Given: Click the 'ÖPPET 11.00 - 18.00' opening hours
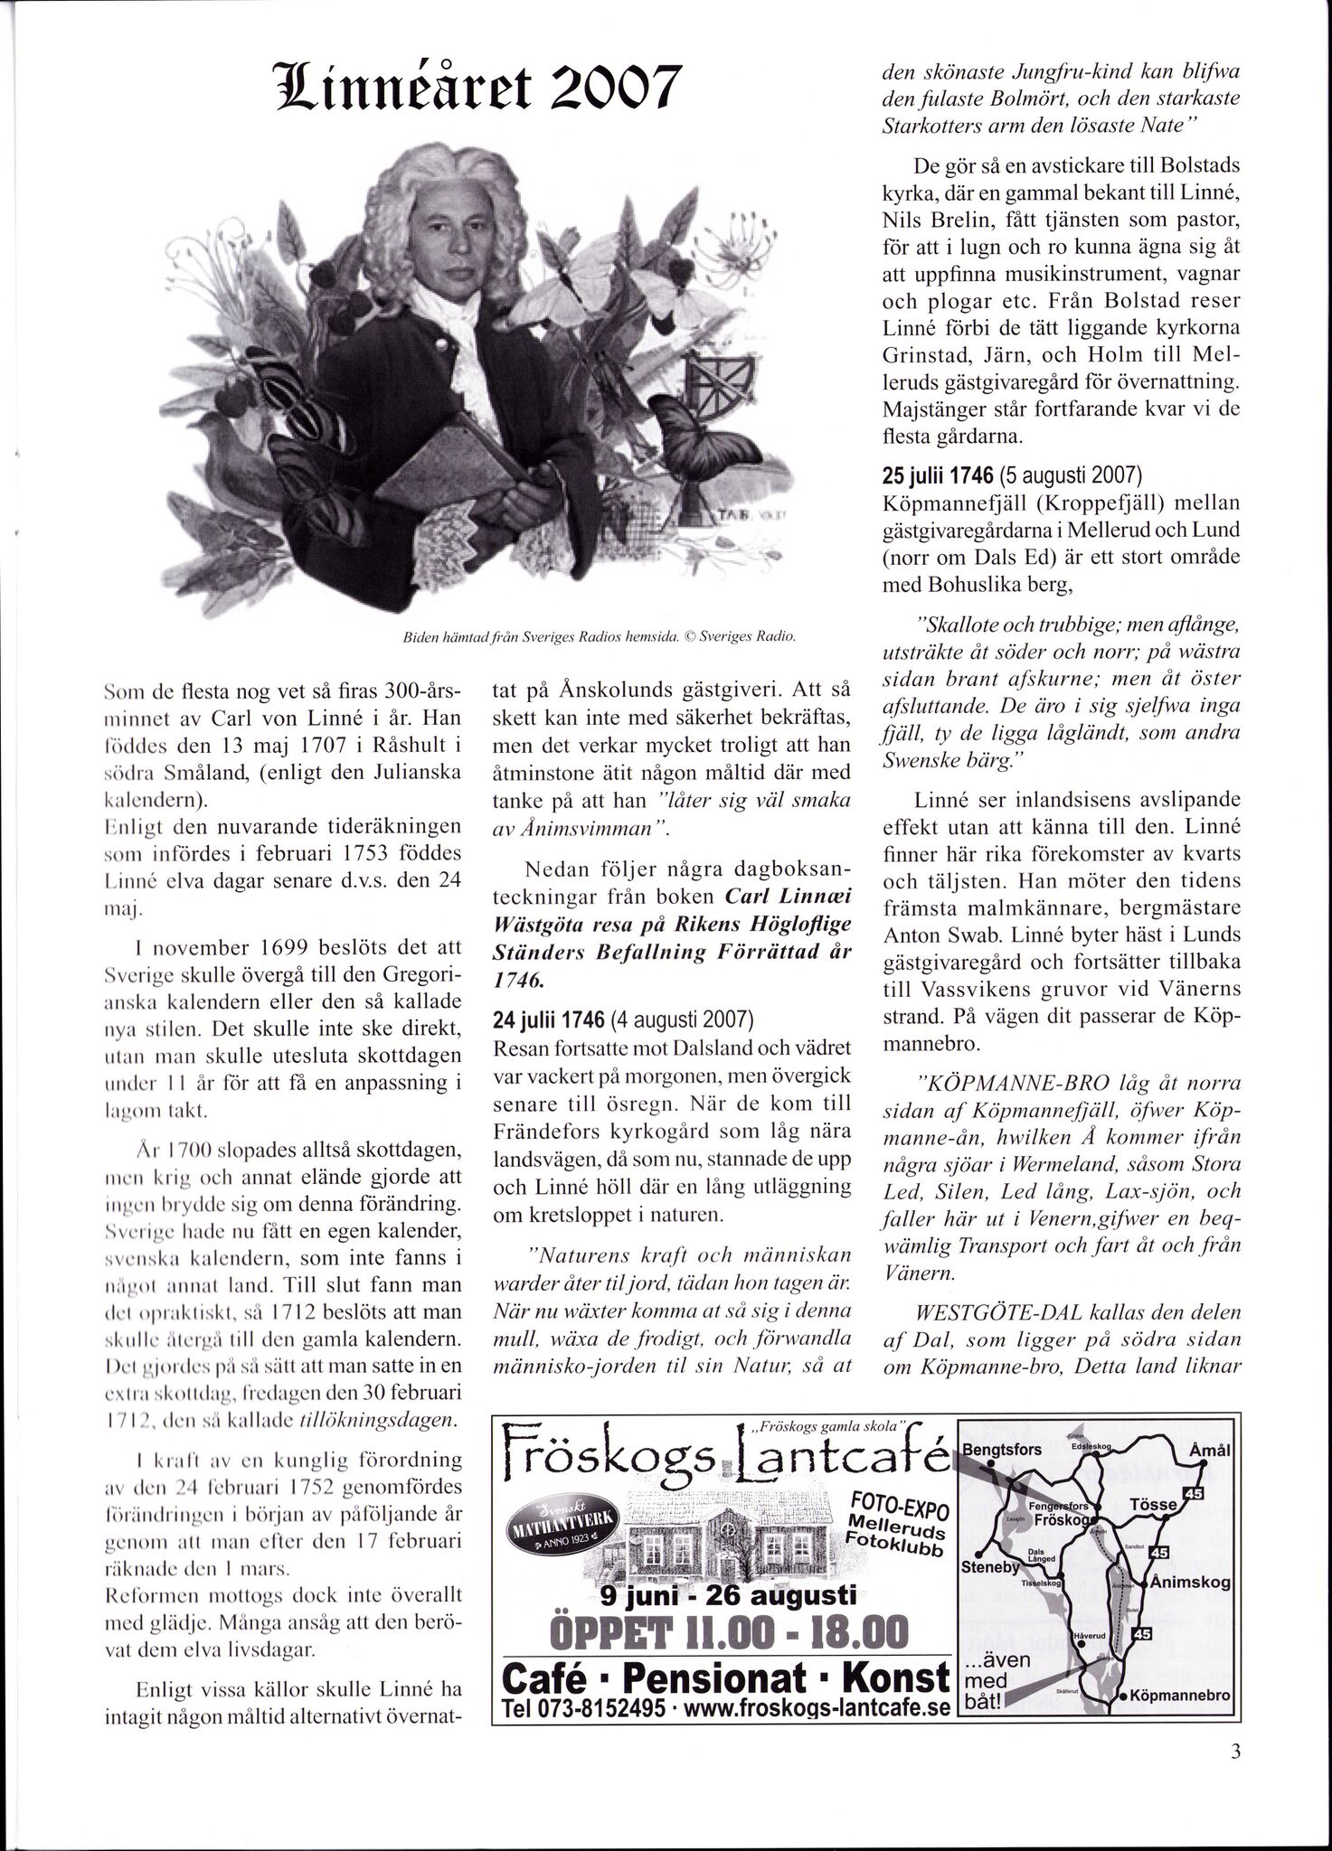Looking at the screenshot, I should click(x=727, y=1632).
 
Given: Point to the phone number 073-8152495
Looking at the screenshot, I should click(x=590, y=1707).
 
